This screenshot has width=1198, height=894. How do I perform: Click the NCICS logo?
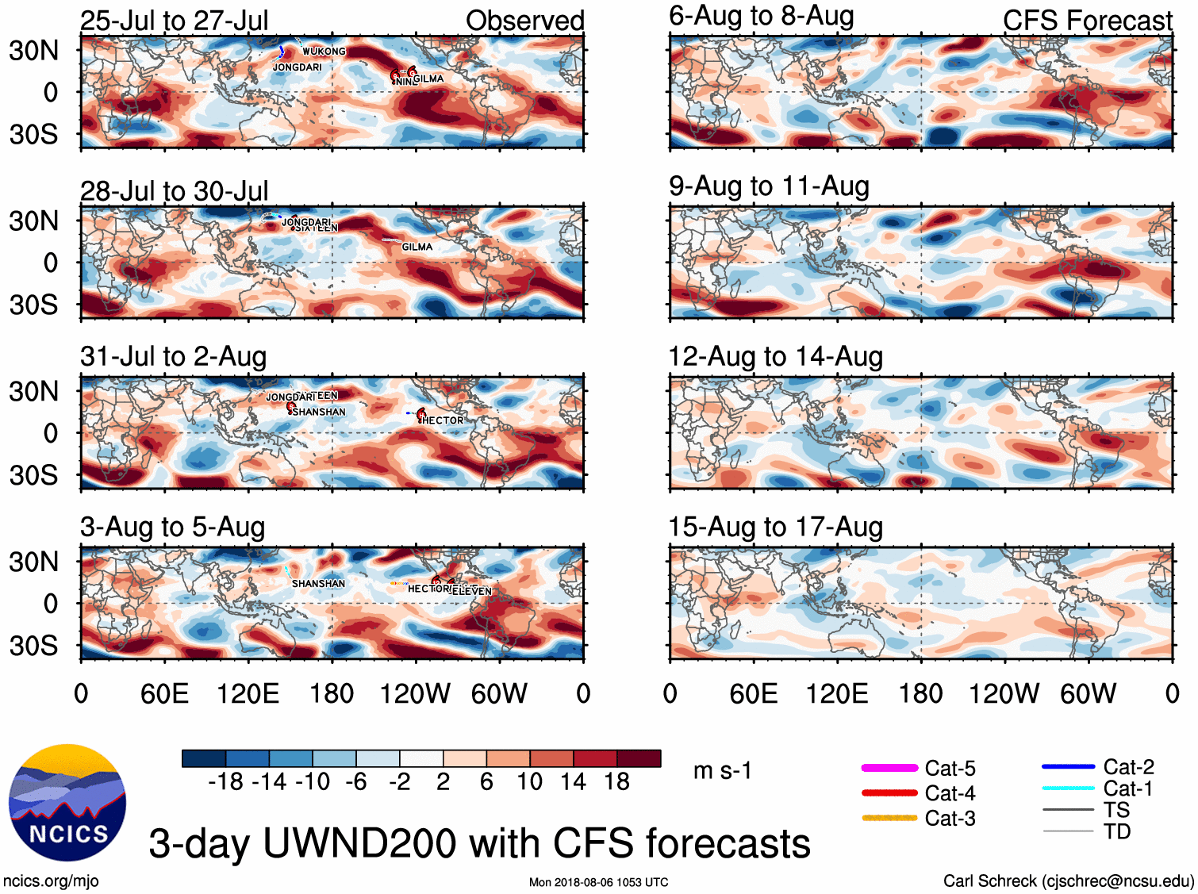click(67, 802)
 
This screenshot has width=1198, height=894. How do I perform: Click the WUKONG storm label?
click(324, 52)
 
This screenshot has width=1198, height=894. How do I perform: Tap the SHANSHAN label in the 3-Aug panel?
click(318, 584)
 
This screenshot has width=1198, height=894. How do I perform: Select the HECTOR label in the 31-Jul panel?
click(443, 420)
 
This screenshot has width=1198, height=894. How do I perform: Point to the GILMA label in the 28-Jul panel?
click(417, 247)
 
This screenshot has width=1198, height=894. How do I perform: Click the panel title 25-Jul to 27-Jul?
click(175, 21)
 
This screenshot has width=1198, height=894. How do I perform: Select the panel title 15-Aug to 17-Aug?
click(775, 527)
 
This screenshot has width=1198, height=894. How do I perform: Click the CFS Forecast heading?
click(1087, 21)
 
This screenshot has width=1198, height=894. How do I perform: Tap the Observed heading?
click(524, 21)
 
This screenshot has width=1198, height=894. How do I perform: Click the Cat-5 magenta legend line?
click(889, 768)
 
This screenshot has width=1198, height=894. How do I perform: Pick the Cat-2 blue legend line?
click(1068, 766)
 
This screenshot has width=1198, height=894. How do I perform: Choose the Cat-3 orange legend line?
click(889, 818)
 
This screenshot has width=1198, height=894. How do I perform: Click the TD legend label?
click(1116, 831)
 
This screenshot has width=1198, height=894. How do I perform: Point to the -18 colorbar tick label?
click(226, 782)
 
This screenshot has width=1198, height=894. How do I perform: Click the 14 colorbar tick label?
click(573, 782)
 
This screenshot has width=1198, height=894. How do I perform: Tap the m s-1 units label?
click(722, 770)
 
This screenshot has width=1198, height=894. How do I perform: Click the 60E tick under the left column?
click(164, 694)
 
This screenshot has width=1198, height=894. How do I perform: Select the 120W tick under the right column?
click(1004, 694)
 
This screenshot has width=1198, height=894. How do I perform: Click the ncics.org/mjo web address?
click(51, 881)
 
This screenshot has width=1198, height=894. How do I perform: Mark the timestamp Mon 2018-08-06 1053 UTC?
click(598, 882)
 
